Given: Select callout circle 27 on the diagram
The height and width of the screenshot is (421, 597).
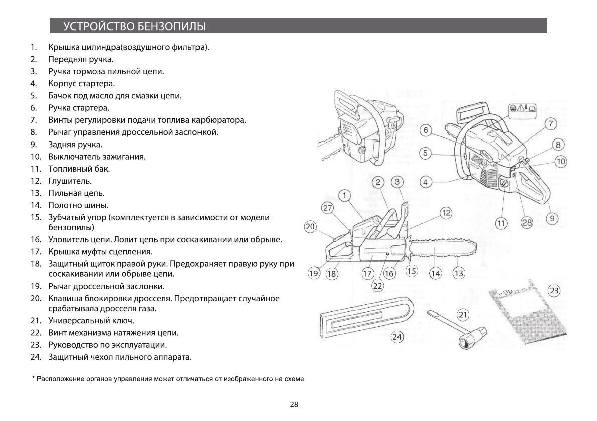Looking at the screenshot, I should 327,208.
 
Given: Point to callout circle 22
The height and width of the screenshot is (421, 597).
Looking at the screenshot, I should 377,286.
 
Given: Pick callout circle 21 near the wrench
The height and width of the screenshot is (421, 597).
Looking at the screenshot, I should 463,315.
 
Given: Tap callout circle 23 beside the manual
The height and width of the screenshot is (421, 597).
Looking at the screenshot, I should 554,291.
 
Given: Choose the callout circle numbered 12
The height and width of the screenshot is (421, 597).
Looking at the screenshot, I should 446,213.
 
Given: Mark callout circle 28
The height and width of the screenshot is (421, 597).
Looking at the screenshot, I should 527,223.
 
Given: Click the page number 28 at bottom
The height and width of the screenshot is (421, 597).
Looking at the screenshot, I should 294,404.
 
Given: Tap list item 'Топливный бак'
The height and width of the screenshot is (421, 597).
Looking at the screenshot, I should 79,169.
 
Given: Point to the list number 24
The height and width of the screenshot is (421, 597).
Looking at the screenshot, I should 35,357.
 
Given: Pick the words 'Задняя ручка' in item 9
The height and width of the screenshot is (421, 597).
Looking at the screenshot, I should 75,145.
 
